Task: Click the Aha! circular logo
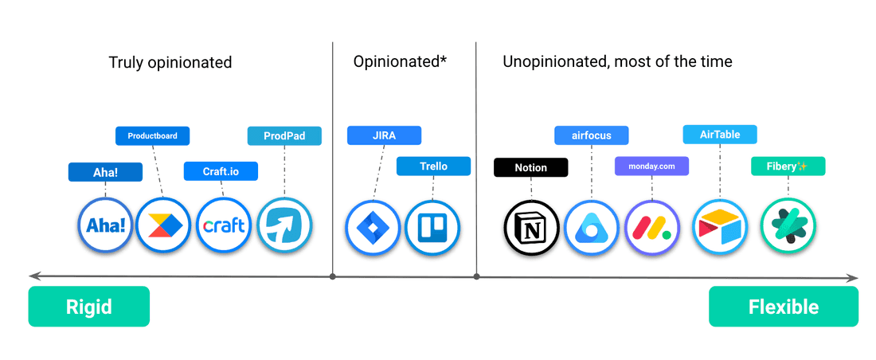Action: click(106, 225)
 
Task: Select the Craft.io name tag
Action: click(221, 171)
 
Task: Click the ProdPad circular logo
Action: click(285, 225)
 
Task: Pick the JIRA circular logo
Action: click(372, 226)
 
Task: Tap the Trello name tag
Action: click(433, 166)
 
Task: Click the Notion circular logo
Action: click(531, 227)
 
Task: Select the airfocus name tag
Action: click(592, 135)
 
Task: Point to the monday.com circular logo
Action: click(651, 227)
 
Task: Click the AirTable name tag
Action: click(720, 135)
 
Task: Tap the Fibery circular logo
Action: click(788, 226)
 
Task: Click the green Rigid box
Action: click(89, 307)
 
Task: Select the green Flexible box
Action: click(784, 307)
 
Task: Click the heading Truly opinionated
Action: click(170, 62)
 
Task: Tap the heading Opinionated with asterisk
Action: click(401, 62)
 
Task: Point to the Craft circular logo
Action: click(224, 225)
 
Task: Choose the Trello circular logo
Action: click(432, 226)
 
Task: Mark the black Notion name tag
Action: click(531, 167)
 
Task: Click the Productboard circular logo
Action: click(163, 225)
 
